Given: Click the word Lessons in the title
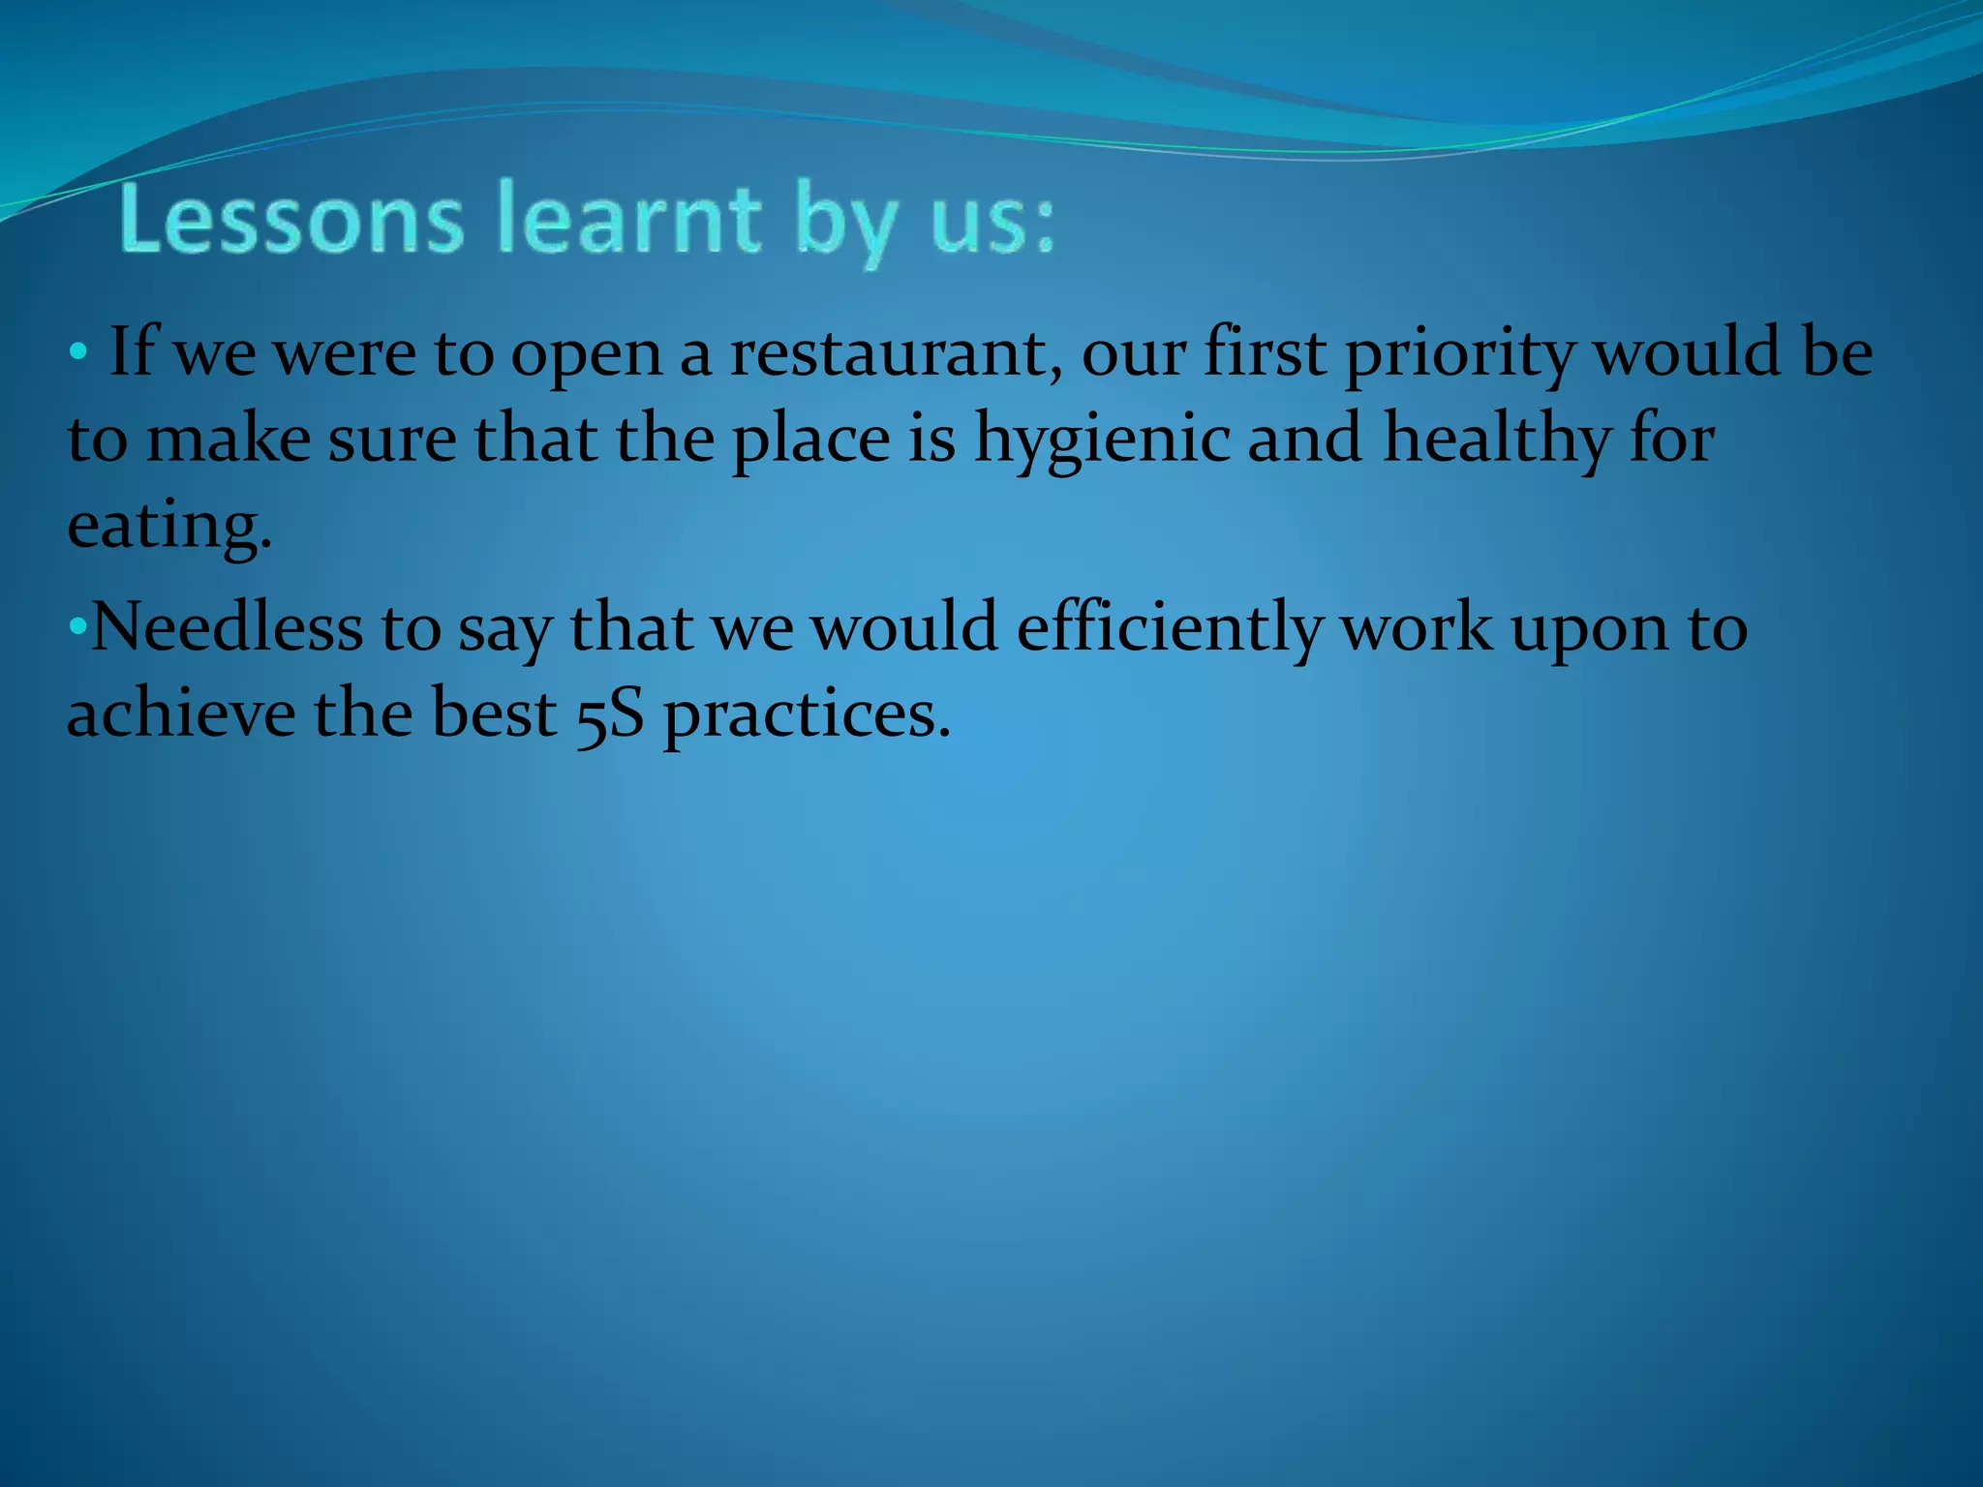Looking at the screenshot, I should (291, 221).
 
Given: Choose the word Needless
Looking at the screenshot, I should (227, 626).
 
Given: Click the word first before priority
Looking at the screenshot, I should (1265, 352).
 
